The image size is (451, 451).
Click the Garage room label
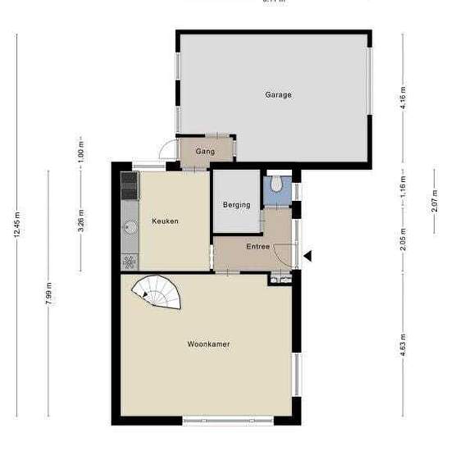click(x=278, y=95)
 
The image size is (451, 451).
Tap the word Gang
click(x=205, y=152)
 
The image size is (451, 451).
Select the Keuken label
click(x=165, y=221)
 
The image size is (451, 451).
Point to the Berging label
click(x=236, y=205)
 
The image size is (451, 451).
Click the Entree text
click(x=258, y=246)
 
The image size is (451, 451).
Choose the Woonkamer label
click(x=208, y=344)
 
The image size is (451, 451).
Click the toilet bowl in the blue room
click(x=276, y=185)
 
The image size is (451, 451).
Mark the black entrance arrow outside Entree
click(x=307, y=257)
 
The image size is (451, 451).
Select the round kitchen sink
click(x=130, y=225)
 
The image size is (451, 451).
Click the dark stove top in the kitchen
click(x=129, y=188)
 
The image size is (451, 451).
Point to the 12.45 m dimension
click(x=17, y=223)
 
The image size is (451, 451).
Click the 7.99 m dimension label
click(x=48, y=293)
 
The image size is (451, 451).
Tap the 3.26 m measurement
click(x=80, y=223)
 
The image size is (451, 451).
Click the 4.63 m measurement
click(x=403, y=342)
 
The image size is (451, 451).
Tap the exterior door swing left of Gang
click(x=166, y=152)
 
